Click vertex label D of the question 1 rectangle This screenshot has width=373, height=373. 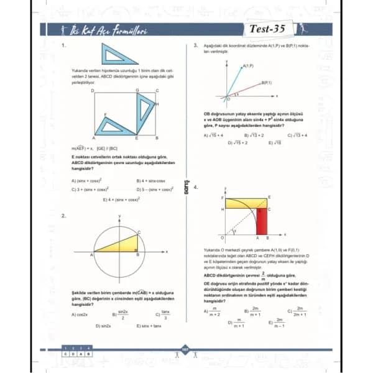(x=93, y=90)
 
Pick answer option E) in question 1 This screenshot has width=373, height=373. (x=122, y=200)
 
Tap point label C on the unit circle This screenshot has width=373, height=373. (x=139, y=232)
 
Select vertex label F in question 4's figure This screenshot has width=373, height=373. (x=223, y=196)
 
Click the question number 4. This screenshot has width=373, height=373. (x=196, y=187)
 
